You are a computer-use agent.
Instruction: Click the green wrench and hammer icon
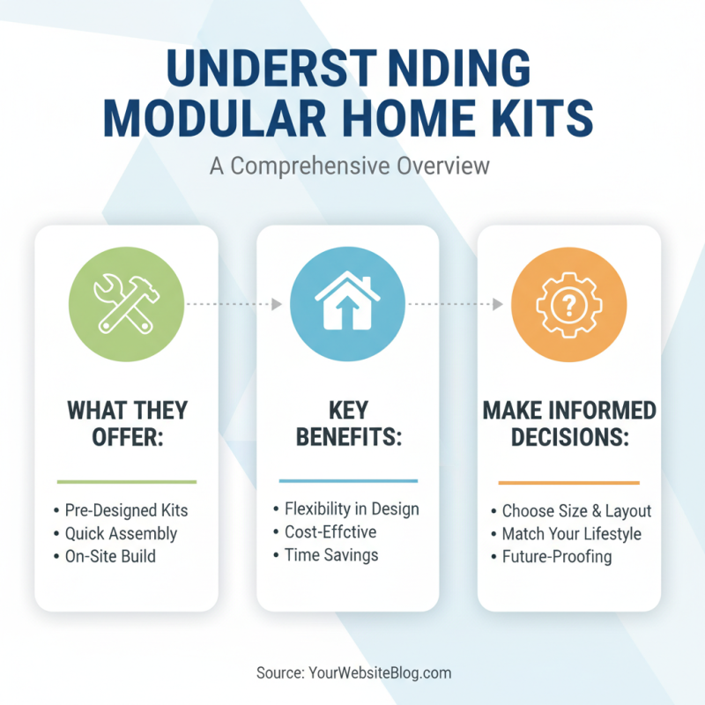tap(126, 304)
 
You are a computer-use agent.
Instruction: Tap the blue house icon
tap(347, 304)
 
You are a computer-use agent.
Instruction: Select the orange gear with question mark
tap(568, 304)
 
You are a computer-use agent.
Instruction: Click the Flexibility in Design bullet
tap(351, 508)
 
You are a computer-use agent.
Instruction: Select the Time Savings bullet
tap(330, 554)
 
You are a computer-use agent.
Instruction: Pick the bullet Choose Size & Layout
tap(576, 511)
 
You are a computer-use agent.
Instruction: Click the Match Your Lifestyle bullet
tap(571, 534)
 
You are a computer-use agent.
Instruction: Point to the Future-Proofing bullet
tap(556, 557)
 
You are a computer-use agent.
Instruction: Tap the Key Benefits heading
tap(347, 424)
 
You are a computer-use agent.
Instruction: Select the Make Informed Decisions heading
tap(568, 424)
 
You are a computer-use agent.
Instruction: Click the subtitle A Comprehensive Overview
tap(350, 166)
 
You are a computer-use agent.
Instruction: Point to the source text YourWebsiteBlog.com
tap(380, 673)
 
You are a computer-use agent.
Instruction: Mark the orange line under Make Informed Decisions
tap(568, 483)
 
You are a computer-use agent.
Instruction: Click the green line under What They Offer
tap(126, 481)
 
